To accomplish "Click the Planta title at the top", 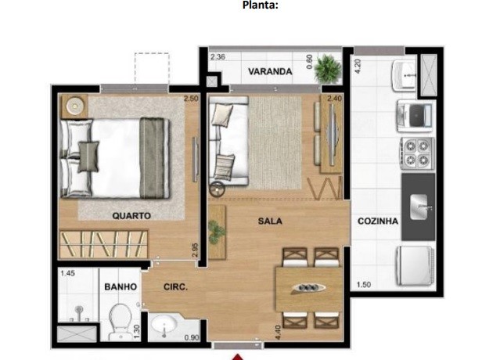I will point(261,6).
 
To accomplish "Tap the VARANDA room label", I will point(270,72).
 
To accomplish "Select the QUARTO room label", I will point(131,215).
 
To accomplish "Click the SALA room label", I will point(270,221).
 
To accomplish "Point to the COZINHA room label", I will point(378,221).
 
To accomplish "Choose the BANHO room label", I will point(120,287).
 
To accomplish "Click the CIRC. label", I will point(174,287).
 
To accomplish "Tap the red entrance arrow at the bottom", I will point(235,355).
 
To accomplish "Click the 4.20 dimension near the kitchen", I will point(358,66).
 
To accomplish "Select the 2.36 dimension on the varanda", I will point(218,56).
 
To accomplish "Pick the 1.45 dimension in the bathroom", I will point(67,274).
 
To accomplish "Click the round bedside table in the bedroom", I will point(74,105).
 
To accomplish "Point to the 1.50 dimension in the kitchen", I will point(362,285).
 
